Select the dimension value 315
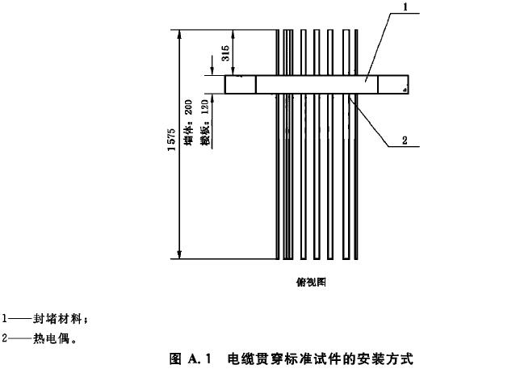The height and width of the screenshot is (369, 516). [x=227, y=52]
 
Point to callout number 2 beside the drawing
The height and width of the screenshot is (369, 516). [x=405, y=139]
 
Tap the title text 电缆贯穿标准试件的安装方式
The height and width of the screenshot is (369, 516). [x=320, y=359]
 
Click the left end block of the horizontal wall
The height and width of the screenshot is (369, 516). [x=240, y=85]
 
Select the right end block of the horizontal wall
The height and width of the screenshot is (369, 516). [x=394, y=85]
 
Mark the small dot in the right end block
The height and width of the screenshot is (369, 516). [x=403, y=90]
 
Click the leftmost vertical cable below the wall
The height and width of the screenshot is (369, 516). [x=281, y=178]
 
